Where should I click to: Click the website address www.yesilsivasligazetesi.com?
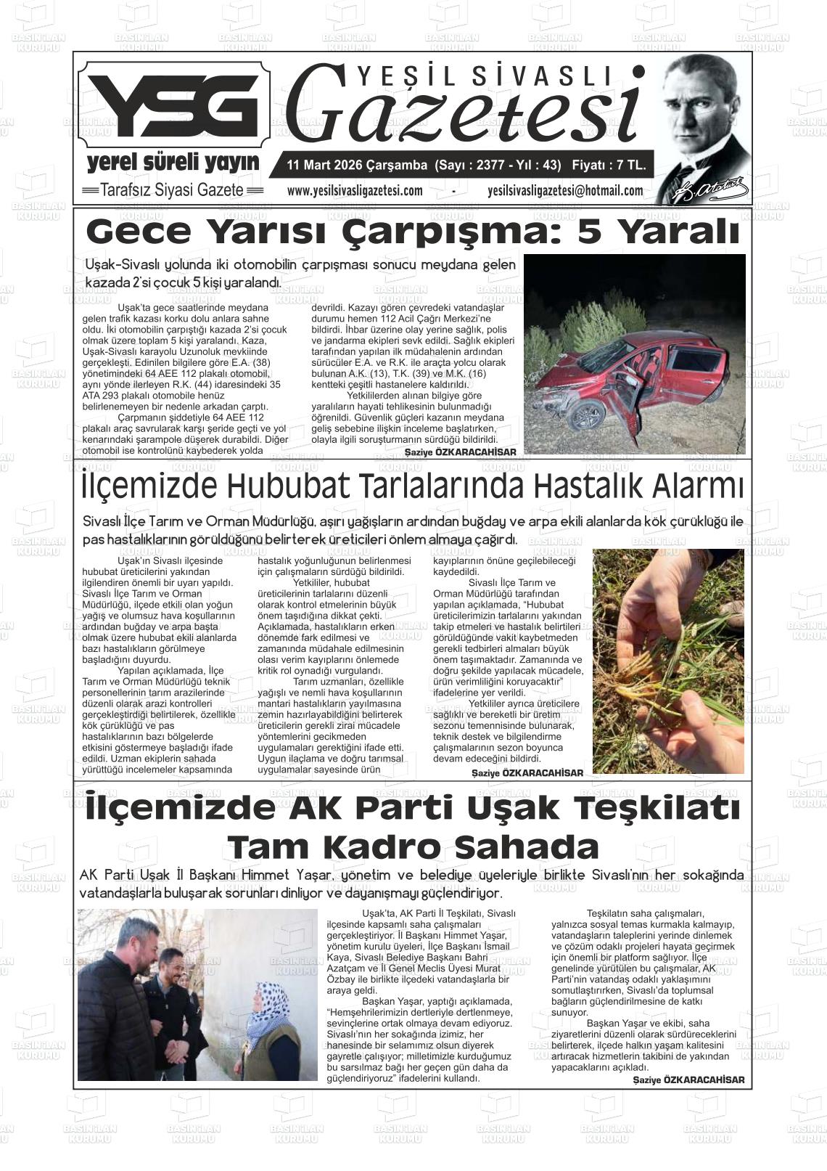coord(355,191)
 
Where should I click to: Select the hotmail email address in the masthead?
coord(565,191)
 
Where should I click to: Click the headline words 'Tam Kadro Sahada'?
coord(413,846)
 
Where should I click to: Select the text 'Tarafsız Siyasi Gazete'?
coord(172,190)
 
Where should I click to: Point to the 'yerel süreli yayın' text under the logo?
coord(173,162)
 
